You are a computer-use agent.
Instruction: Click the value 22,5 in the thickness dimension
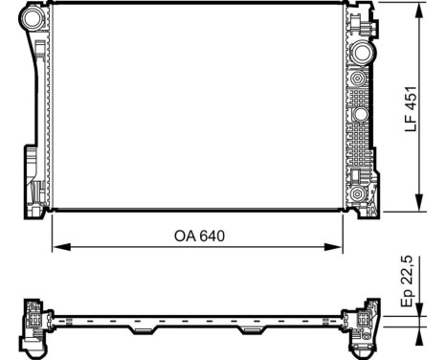pos(409,268)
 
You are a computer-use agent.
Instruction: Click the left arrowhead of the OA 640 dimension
pos(57,248)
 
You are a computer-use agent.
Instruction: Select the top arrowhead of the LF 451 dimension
pos(419,11)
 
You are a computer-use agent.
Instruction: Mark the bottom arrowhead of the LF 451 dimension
pos(419,204)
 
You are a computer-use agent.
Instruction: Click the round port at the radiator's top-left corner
pos(32,18)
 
